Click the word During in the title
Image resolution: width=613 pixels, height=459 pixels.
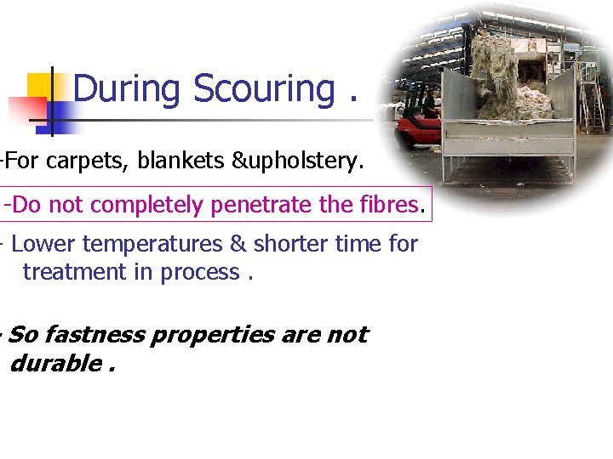(127, 89)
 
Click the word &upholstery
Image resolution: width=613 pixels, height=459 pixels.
(298, 161)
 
